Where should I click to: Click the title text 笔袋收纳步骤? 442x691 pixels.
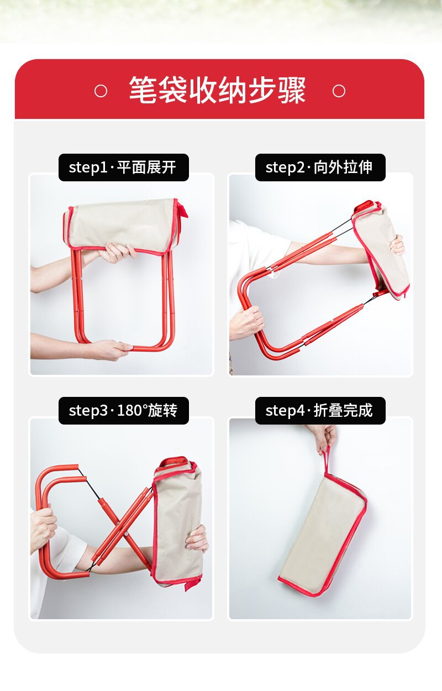(x=217, y=90)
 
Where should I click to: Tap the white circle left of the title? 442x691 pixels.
(x=101, y=91)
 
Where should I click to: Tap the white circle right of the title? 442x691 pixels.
(x=339, y=91)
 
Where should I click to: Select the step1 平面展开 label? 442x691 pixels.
(x=123, y=167)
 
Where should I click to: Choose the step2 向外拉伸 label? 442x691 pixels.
(x=320, y=167)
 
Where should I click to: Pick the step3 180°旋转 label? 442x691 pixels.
(x=123, y=410)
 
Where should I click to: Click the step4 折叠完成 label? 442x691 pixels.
(x=320, y=410)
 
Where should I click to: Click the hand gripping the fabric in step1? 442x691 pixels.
(x=117, y=252)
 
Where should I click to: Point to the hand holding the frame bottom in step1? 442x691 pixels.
(x=111, y=349)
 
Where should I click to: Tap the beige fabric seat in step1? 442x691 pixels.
(x=122, y=225)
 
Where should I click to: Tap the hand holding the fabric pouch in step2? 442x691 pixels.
(x=397, y=245)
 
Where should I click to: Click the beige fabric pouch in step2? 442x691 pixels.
(x=380, y=250)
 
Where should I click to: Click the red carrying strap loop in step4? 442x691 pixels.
(x=327, y=461)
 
